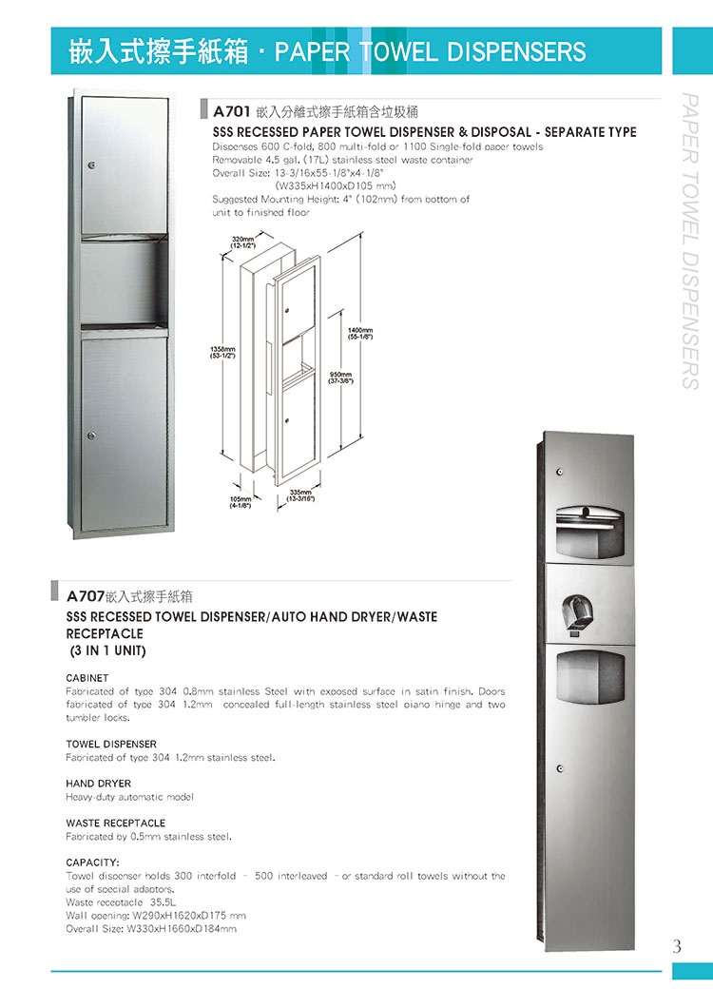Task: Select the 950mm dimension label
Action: point(341,378)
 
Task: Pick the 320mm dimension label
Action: point(244,241)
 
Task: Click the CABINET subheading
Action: point(87,678)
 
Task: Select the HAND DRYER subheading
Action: point(98,784)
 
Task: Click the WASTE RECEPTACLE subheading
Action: point(115,823)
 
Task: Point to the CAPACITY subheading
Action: point(92,863)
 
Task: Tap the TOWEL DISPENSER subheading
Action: point(111,744)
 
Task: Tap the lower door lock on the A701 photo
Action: point(91,436)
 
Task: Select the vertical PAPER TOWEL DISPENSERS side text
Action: point(691,242)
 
